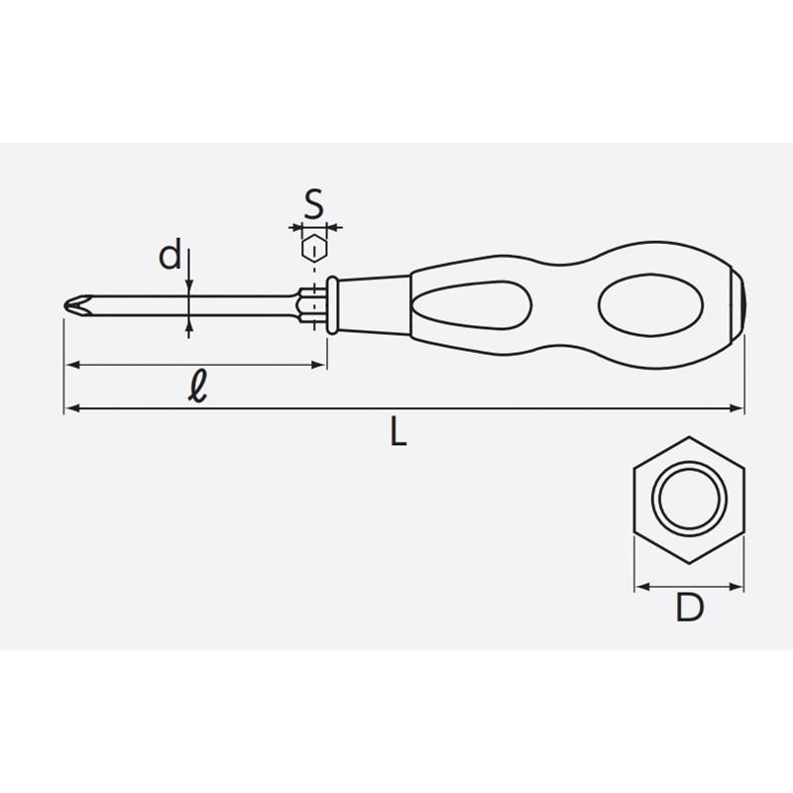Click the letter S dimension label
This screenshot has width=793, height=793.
(x=314, y=204)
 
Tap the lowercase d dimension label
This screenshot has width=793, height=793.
(x=170, y=255)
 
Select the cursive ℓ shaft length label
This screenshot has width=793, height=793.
(x=197, y=387)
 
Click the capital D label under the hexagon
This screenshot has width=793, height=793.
(x=689, y=608)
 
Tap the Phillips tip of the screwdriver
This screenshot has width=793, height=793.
(x=77, y=305)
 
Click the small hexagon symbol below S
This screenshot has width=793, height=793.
(x=314, y=249)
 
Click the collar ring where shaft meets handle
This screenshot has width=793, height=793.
(x=332, y=305)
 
